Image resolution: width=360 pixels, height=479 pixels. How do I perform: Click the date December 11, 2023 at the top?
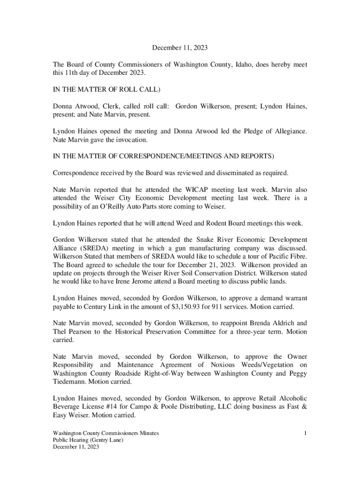coord(180,48)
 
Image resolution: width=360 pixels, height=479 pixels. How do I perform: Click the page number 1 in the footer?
coord(305,433)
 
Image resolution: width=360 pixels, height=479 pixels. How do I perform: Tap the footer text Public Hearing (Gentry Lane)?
coord(88,440)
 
